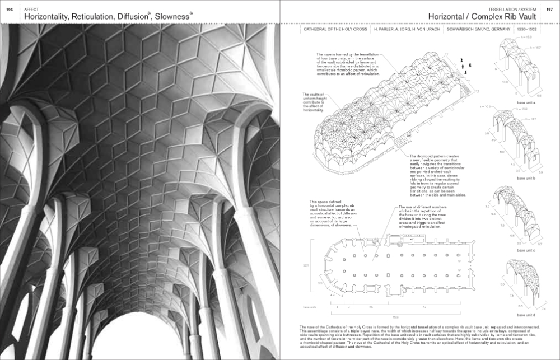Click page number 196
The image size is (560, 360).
[x=10, y=10]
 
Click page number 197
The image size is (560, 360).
[x=550, y=10]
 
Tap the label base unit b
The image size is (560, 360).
[x=526, y=177]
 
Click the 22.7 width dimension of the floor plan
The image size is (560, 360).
[x=305, y=265]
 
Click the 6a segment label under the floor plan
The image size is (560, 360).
[x=424, y=307]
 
